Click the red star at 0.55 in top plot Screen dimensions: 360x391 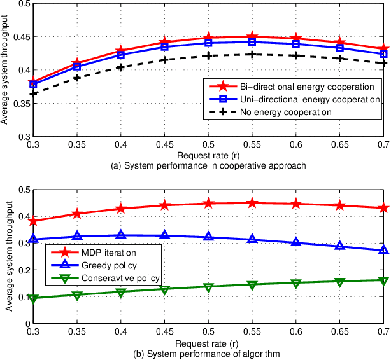[x=252, y=37]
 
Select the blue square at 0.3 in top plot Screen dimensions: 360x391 [x=34, y=84]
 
